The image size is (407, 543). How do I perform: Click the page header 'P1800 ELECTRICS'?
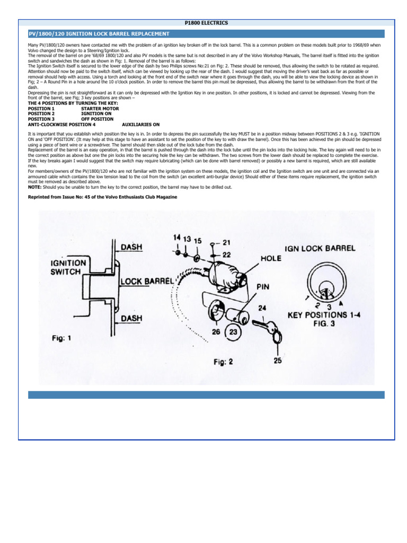[207, 23]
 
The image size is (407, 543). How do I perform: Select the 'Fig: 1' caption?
[61, 337]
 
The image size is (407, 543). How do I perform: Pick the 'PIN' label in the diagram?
[264, 286]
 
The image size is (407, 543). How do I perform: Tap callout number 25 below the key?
[278, 361]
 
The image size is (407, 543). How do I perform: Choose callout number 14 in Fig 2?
[176, 238]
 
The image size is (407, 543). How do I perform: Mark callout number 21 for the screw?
[227, 242]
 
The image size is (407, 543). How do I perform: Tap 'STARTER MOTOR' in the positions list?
[100, 108]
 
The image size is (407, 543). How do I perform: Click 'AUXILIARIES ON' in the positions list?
[140, 124]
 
